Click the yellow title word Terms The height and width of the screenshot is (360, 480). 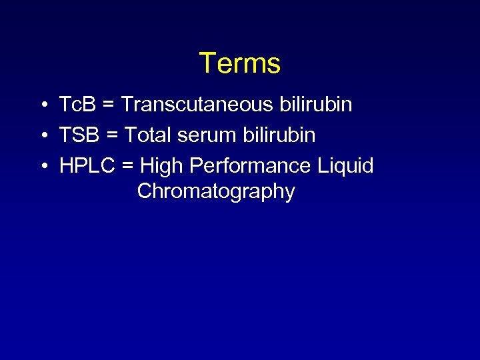pos(240,63)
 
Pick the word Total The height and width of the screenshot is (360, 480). pos(147,135)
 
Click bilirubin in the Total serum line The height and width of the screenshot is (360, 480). pos(284,135)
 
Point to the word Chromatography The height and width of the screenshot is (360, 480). pos(216,192)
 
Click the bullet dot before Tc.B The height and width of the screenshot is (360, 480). pos(42,105)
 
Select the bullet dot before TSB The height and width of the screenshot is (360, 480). pos(42,136)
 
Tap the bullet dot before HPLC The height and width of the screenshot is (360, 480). pos(42,166)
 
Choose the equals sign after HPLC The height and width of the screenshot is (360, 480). pos(128,166)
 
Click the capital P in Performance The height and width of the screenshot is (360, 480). pos(197,165)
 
